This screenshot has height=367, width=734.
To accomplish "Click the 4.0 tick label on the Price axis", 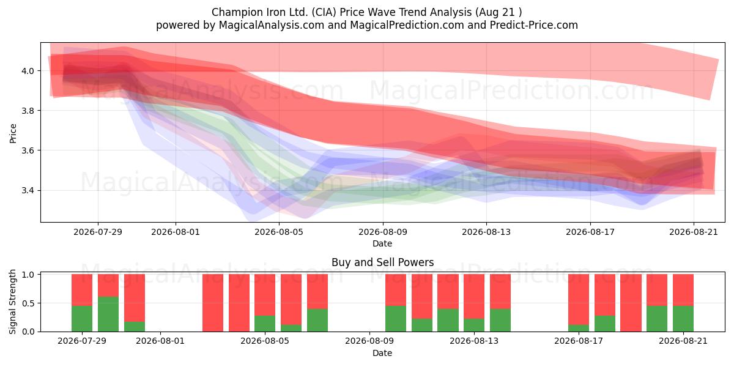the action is tap(27, 71).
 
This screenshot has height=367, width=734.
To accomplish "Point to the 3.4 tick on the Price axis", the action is tap(27, 190).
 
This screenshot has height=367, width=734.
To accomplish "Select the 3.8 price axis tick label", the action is tap(27, 111).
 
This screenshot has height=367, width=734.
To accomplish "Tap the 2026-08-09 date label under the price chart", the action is tap(383, 232).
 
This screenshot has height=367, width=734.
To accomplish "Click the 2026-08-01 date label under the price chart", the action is tap(176, 232).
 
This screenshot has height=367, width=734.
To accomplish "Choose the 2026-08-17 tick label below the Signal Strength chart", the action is tap(579, 341).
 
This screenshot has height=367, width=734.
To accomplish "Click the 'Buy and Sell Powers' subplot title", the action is tap(383, 262).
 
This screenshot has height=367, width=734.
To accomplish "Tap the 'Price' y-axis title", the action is tap(13, 133).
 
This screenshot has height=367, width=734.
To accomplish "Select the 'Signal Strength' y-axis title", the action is tap(12, 302).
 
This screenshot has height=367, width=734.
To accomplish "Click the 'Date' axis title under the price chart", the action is tap(382, 243).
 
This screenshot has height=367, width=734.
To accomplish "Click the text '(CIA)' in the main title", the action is tap(324, 12).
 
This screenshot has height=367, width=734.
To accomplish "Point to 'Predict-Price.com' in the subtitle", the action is tap(534, 25).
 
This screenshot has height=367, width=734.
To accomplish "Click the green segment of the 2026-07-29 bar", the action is tap(82, 319).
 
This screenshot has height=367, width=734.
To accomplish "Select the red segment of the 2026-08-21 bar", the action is tap(683, 290).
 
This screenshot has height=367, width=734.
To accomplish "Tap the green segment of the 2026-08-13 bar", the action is tap(474, 325).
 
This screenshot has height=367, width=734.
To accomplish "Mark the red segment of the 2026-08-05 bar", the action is tap(265, 295).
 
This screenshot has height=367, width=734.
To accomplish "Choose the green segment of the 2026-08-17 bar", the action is tap(579, 328).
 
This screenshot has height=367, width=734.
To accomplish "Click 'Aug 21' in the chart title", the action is tap(496, 12).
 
